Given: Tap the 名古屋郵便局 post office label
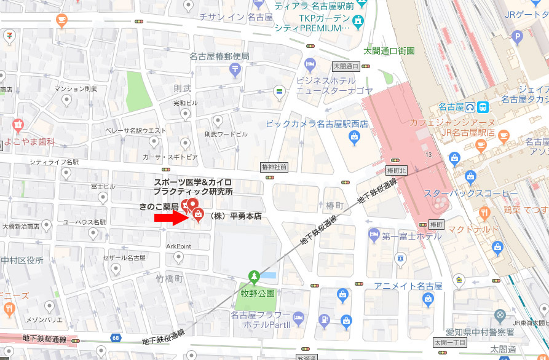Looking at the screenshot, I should pos(219,57).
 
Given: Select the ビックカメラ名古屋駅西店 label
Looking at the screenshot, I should pos(317,124).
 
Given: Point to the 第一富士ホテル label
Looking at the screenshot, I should pos(411,236).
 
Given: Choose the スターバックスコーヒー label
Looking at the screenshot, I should pos(471,194).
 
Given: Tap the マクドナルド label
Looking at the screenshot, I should pos(473,230).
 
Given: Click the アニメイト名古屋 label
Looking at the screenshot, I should pos(408,286).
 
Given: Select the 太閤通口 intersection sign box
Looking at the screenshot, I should pos(346,66).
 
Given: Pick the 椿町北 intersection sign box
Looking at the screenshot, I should pos(396,169).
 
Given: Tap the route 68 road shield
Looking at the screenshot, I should pos(116,337).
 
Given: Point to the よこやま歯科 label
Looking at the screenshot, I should pos(30,141).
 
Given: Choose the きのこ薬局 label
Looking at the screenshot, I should pos(159,206).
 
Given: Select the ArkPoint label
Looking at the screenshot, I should pos(179,246).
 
